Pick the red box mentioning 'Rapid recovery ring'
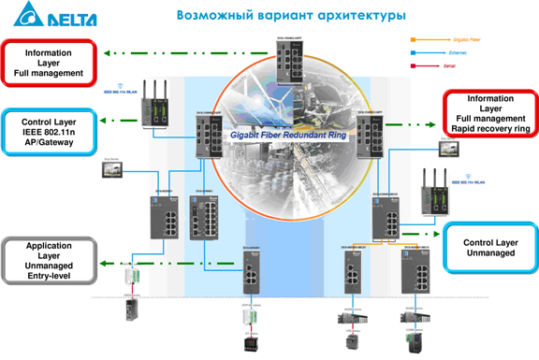[490, 114]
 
